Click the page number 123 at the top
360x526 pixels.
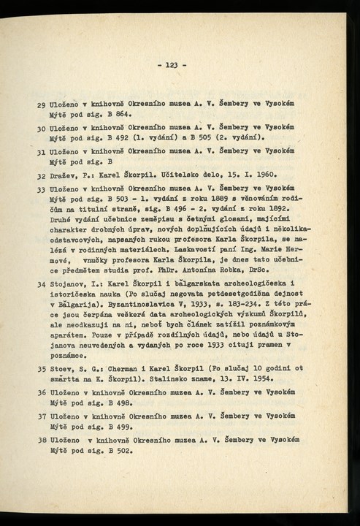coord(172,66)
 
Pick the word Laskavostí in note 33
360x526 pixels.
coord(202,248)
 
